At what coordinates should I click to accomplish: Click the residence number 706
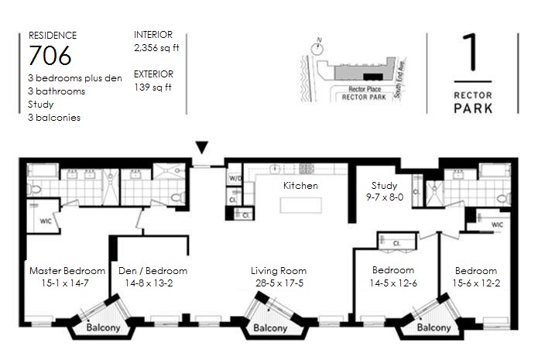50,55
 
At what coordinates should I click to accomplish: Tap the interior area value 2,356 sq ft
156,48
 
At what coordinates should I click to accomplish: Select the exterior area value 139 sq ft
152,87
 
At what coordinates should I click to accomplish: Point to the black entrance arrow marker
202,147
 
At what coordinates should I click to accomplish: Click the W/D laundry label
235,179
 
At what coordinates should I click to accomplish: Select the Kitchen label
300,186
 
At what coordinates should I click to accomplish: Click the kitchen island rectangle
301,205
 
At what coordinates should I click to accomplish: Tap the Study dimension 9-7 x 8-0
385,197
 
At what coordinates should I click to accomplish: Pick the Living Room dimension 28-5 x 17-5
279,283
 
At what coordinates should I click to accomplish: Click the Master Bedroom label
67,271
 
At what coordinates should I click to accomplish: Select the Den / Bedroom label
153,271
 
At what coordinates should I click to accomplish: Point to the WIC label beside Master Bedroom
46,221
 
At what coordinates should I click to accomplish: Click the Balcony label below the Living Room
270,328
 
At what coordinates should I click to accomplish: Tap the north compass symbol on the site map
317,48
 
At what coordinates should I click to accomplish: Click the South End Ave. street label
399,79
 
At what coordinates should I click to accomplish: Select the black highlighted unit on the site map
373,77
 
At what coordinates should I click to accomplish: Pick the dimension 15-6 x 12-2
476,283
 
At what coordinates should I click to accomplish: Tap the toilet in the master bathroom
33,188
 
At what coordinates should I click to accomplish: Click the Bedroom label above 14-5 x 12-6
393,270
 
